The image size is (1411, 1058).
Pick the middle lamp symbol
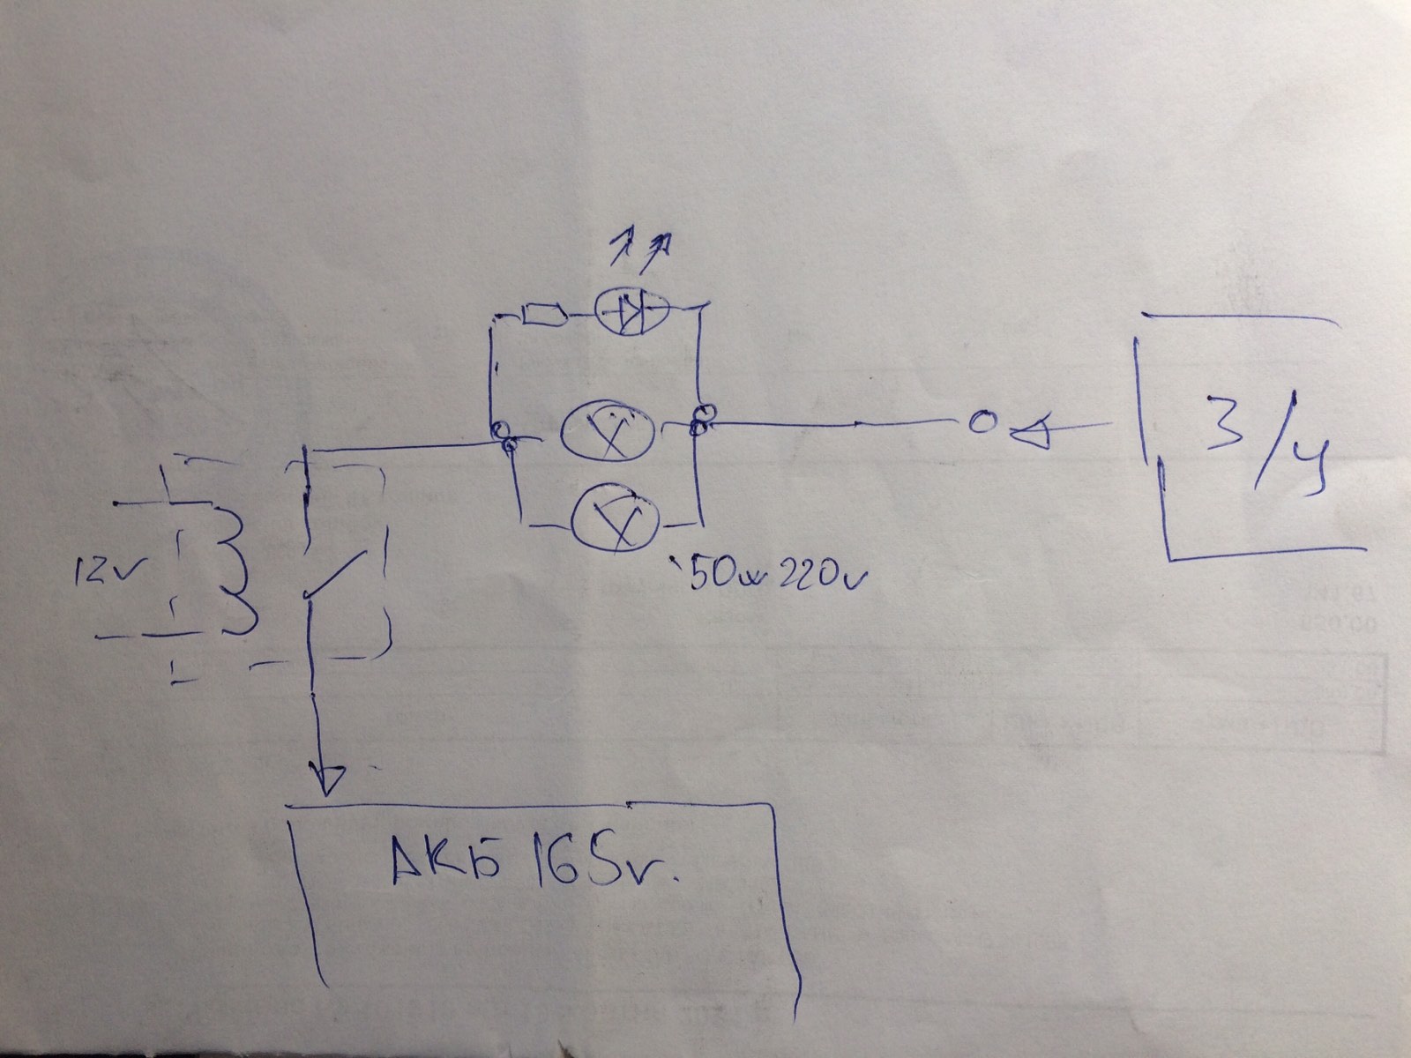pyautogui.click(x=608, y=430)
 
